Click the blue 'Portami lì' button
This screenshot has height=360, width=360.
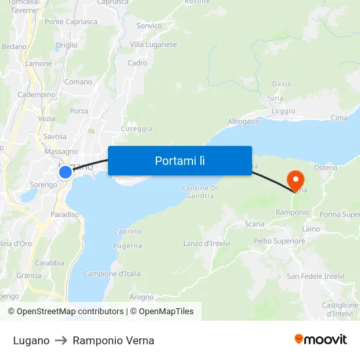point(180,160)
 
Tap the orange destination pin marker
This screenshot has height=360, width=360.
point(296,180)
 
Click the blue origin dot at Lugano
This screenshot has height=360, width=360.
point(65,172)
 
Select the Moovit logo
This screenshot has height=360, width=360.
point(321,339)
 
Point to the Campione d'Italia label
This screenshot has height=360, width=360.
point(112,274)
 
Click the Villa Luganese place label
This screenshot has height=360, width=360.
point(153,45)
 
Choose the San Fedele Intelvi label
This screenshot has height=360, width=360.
point(315,276)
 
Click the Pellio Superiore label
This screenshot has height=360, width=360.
point(279,241)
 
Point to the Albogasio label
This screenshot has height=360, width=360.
point(243,122)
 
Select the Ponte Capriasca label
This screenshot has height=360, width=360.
point(71,22)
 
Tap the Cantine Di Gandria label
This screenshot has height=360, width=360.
point(199,192)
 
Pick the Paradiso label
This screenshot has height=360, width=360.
point(65,214)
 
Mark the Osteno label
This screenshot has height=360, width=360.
point(325,168)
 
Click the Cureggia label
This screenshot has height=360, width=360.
point(137,128)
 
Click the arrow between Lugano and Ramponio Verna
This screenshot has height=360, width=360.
point(61,340)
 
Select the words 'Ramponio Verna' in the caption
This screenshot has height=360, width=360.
point(113,340)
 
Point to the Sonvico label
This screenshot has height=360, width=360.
point(149,26)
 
